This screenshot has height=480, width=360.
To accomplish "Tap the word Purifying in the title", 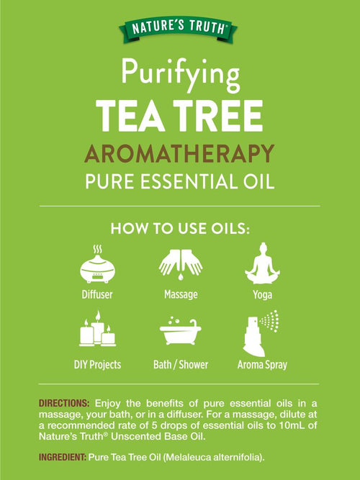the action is coord(181,73).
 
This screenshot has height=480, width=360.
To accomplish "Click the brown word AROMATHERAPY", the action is coord(179,153).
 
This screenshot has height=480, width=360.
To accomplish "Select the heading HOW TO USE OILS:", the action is coord(180,229).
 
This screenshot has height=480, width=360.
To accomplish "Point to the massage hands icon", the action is coord(181,264).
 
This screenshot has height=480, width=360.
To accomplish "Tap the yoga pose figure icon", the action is coord(262,263).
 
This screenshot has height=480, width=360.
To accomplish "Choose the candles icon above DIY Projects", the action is coord(97,329).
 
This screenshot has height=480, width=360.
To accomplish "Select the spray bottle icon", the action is coord(261,334).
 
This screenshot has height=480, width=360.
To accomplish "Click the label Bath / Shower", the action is coord(181,365).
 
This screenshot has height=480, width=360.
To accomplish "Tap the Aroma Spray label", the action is coord(262,365).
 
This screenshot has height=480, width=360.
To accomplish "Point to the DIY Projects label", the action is coord(97,365).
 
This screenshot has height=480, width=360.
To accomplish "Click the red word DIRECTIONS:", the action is coord(64,403).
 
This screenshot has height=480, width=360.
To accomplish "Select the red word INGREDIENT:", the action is coord(63,458).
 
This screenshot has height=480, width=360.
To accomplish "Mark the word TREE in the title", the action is coord(218,116).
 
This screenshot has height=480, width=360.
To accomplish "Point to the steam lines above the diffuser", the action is coord(97,249).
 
